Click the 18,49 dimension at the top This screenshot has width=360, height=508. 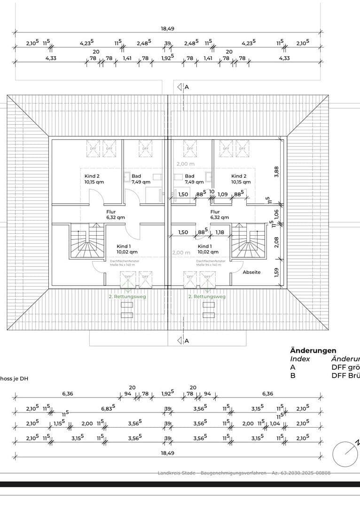[168, 29]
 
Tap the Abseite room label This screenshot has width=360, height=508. [251, 272]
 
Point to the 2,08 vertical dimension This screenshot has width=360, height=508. [277, 242]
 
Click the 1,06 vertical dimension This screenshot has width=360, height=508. [277, 214]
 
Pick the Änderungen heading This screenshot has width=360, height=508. [313, 350]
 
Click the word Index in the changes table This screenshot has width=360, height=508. [300, 359]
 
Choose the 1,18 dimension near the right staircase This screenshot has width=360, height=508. [219, 232]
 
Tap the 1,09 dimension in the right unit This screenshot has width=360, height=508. [223, 194]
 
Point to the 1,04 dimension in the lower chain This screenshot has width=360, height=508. [275, 424]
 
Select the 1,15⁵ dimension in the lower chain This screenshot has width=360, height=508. [59, 424]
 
